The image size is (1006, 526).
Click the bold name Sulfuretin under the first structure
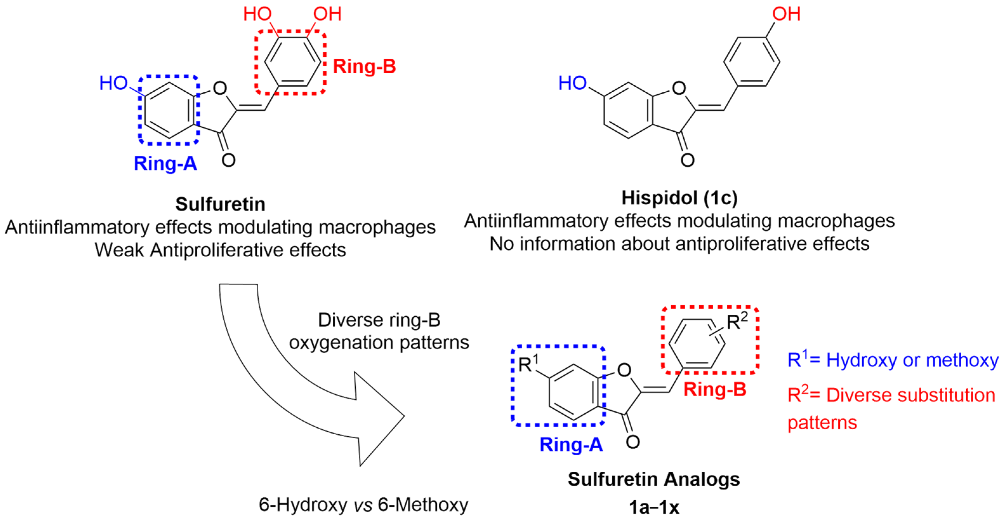220,204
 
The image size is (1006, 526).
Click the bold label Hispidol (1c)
679,198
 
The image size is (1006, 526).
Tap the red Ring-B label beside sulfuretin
364,66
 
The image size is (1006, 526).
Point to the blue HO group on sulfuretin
113,83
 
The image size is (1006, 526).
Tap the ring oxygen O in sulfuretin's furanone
220,88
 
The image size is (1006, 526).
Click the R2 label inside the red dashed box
737,321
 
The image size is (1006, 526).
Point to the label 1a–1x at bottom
654,507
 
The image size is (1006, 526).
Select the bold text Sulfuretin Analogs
654,479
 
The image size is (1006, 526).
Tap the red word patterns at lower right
822,423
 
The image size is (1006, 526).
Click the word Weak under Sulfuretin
119,250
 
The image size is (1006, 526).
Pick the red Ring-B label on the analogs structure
715,389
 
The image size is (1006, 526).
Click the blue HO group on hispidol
572,83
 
